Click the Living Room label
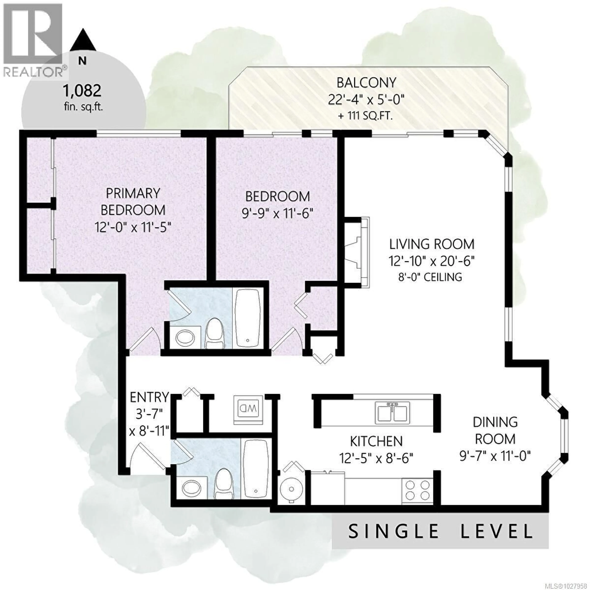pos(431,244)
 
